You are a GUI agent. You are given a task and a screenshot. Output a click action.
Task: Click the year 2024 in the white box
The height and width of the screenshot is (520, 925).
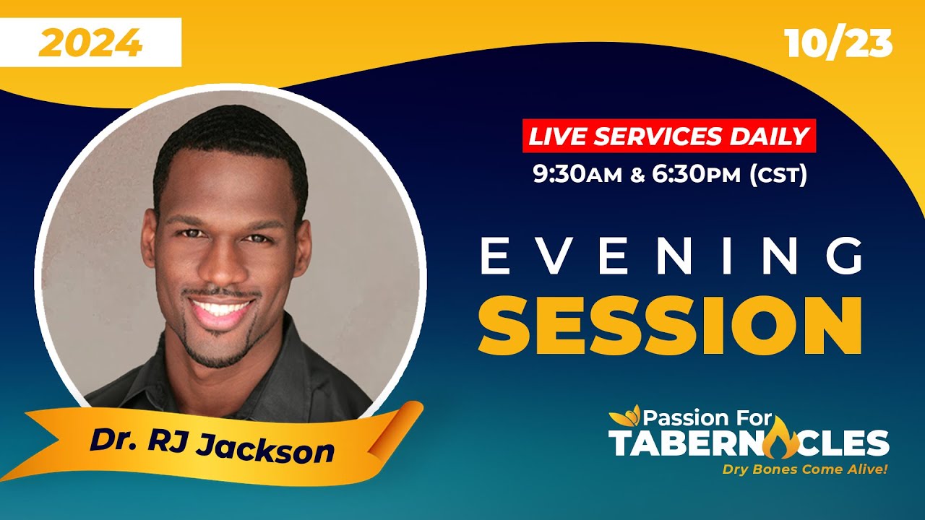click(x=90, y=43)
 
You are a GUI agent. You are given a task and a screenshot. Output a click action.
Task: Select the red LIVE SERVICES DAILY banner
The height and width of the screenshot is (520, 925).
click(x=668, y=136)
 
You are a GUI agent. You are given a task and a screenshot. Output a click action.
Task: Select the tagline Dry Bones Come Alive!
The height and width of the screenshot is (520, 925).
click(x=805, y=469)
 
